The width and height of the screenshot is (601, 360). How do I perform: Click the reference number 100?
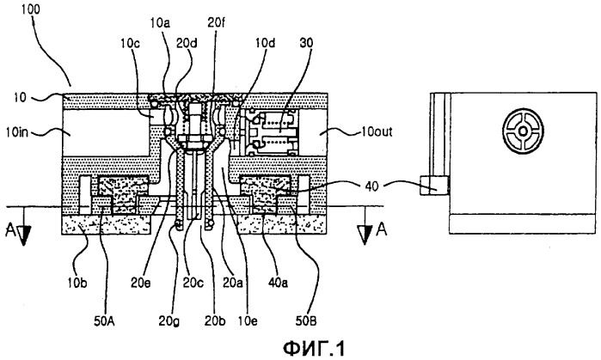click(30, 9)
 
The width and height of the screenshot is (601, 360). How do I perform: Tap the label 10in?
click(16, 133)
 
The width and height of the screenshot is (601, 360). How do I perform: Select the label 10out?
click(377, 132)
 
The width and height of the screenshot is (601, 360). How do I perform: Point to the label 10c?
click(130, 43)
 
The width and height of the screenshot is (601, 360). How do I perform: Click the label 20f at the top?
click(216, 22)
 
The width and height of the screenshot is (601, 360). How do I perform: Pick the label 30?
click(306, 43)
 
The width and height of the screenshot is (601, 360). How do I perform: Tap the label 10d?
click(265, 43)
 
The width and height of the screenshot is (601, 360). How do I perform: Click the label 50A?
click(105, 320)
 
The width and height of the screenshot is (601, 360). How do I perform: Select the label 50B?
click(306, 320)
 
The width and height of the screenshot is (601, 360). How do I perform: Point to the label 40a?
click(279, 283)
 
